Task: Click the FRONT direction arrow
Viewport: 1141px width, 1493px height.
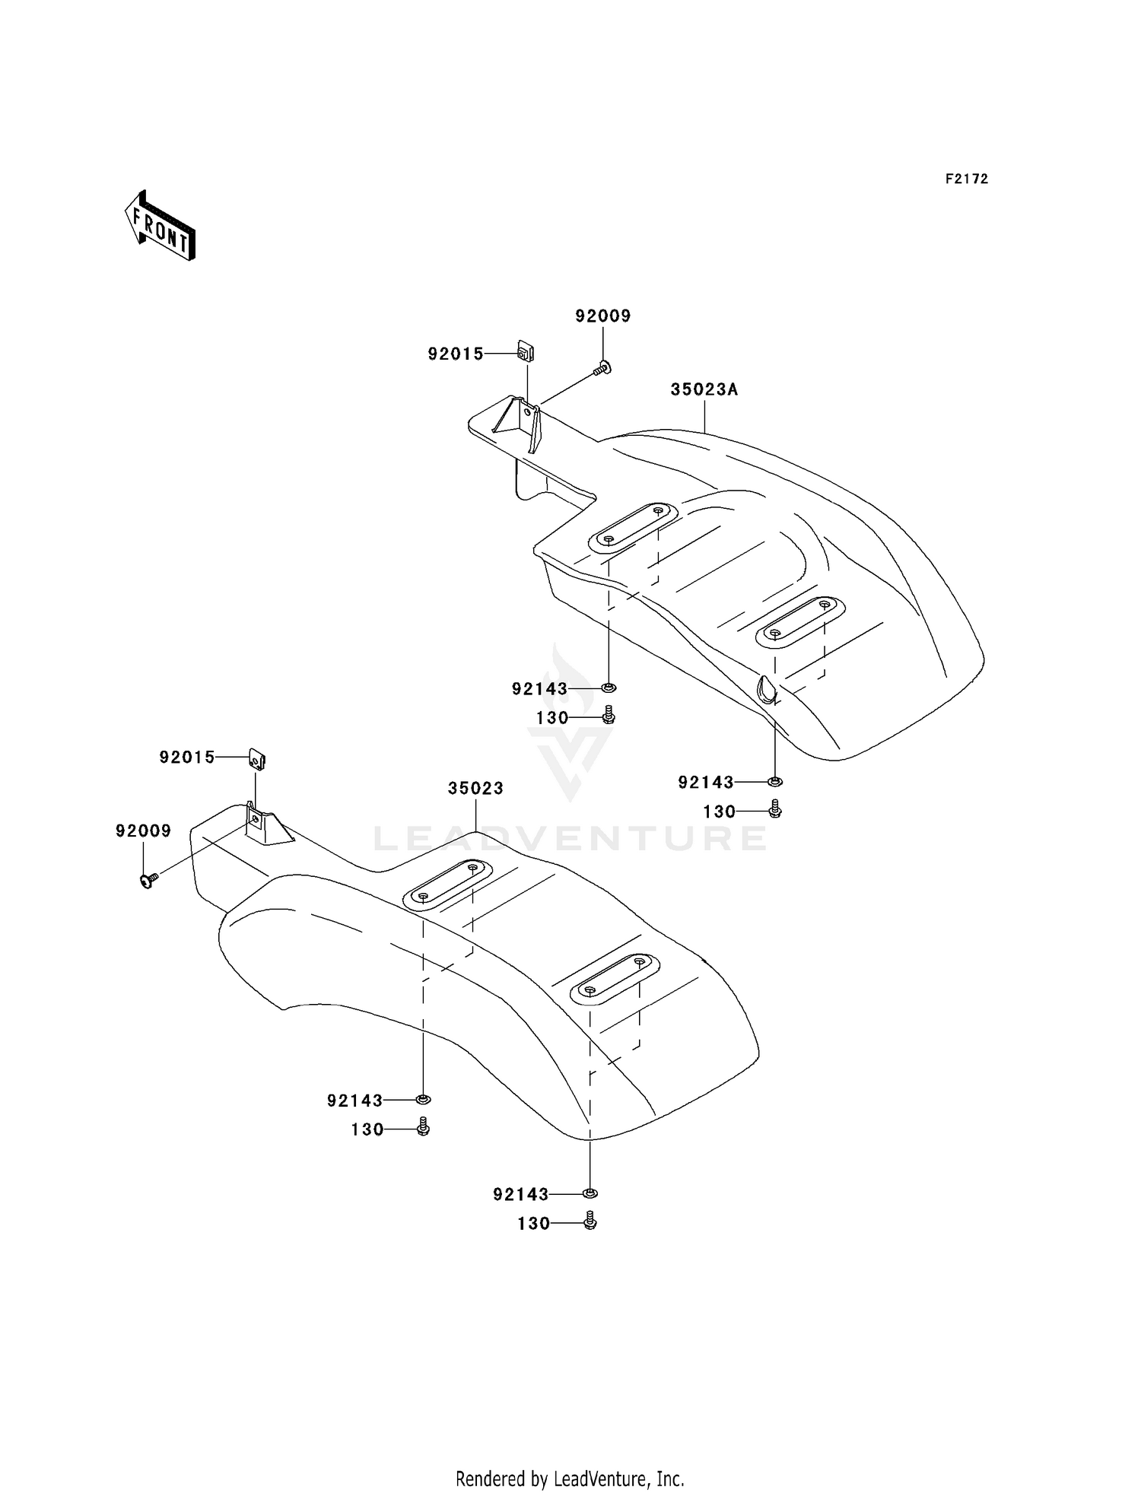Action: click(x=161, y=226)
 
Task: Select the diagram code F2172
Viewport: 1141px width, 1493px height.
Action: click(x=966, y=179)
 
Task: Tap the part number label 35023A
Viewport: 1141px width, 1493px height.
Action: click(x=704, y=390)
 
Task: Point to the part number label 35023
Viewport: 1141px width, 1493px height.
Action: click(x=475, y=789)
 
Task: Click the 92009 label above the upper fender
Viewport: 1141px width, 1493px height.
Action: click(x=603, y=316)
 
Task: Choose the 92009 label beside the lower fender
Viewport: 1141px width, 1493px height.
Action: click(x=143, y=831)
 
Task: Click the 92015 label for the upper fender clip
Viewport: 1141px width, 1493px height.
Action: click(x=456, y=354)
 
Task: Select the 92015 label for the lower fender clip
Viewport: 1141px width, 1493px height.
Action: click(x=187, y=758)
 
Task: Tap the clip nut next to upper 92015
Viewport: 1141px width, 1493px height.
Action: click(x=525, y=352)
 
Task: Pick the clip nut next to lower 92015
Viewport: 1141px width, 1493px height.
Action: click(x=258, y=758)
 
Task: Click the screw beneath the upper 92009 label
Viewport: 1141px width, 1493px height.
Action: click(x=602, y=370)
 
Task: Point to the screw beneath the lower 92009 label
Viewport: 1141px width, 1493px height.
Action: click(x=148, y=879)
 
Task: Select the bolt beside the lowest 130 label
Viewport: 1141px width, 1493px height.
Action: click(x=590, y=1221)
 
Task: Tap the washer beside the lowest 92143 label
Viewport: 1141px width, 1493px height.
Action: click(x=590, y=1193)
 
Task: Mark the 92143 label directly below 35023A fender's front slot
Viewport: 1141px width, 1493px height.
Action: click(x=539, y=689)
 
